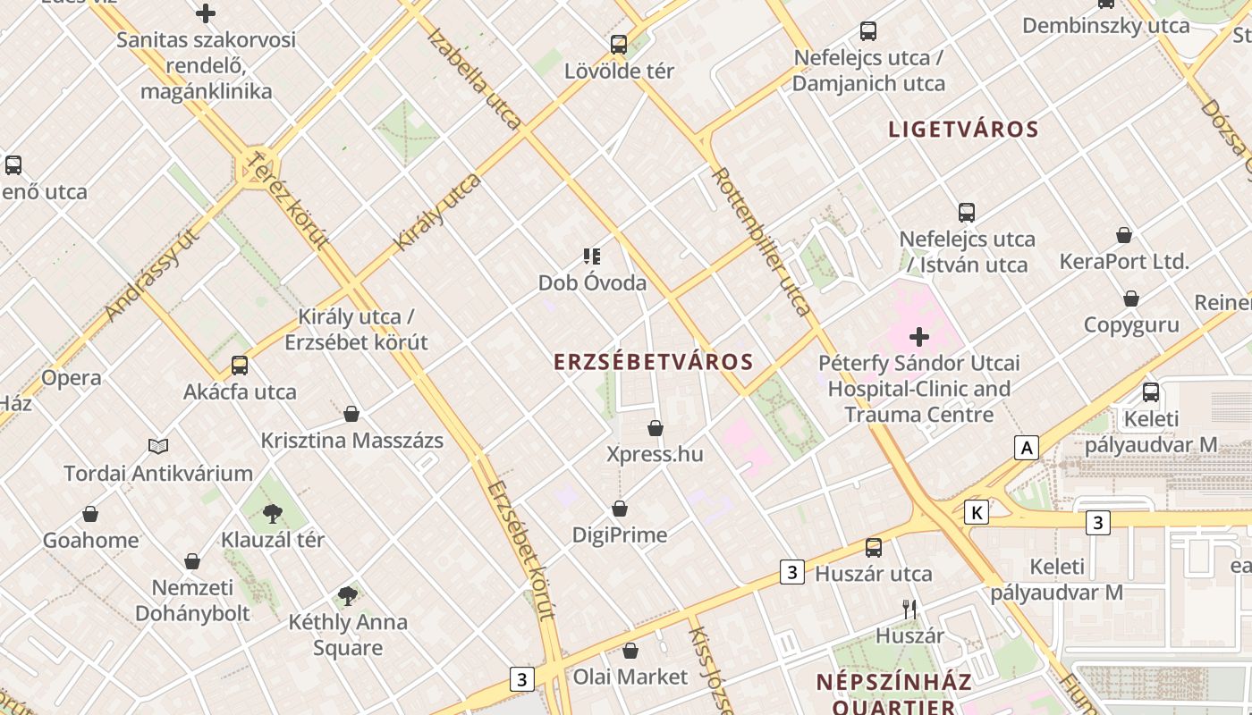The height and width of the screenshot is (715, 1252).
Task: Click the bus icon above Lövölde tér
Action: point(618,44)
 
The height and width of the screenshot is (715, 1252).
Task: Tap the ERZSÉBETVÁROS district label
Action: point(654,362)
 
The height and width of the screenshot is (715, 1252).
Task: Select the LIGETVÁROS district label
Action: point(963,130)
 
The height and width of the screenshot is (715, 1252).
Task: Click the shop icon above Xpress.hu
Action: point(656,428)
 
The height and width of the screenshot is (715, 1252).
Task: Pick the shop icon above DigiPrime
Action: point(620,509)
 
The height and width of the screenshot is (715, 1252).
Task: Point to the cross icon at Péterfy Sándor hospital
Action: point(919,337)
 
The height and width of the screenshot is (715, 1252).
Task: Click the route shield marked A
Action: point(1027,448)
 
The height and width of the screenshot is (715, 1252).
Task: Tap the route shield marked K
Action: point(977,512)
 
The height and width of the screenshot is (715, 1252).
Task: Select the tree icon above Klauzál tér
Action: point(273,513)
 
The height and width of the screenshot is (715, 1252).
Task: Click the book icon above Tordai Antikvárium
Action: point(158,446)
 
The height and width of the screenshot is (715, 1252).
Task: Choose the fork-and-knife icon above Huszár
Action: point(909,610)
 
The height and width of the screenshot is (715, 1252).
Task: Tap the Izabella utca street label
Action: point(474,79)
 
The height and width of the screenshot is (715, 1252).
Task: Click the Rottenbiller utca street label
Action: point(762,240)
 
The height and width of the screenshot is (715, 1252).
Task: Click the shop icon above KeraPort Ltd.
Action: point(1124,235)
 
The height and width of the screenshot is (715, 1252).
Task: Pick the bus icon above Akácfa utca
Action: point(239,365)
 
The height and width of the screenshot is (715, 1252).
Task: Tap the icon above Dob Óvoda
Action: point(591,257)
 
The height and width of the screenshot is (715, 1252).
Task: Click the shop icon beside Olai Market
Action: point(630,651)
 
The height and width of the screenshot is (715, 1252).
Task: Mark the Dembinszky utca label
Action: point(1105,25)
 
